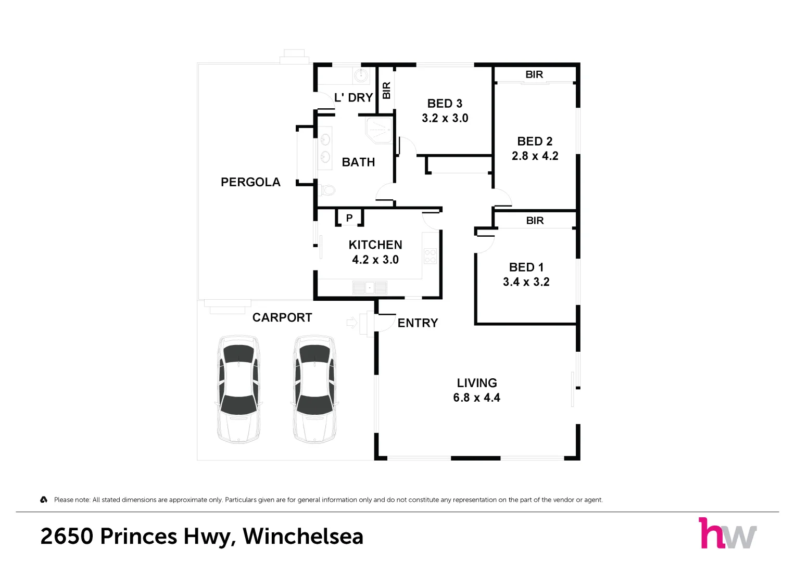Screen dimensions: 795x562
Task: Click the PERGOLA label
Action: [x=250, y=182]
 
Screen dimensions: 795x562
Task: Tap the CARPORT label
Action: [x=282, y=317]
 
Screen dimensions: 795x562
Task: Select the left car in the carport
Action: [x=238, y=389]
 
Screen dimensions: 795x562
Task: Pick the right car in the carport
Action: [x=314, y=389]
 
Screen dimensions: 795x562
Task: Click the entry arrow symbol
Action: [x=352, y=323]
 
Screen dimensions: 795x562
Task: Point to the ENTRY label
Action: [x=418, y=323]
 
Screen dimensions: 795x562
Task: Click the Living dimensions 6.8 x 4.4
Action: [x=477, y=398]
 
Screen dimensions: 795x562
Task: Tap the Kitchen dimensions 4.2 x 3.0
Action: [x=375, y=260]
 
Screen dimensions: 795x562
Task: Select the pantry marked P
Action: [x=349, y=218]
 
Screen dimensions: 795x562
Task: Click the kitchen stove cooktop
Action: [x=430, y=256]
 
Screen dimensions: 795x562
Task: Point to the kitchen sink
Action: [x=370, y=287]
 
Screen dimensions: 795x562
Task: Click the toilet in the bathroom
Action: [x=326, y=190]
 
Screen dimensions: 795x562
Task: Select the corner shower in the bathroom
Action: [x=379, y=130]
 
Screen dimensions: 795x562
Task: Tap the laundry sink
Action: [x=361, y=75]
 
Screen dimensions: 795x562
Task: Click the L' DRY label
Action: [x=354, y=98]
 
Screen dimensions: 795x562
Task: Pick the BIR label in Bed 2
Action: [x=534, y=74]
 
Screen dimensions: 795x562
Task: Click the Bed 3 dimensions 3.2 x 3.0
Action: [x=445, y=118]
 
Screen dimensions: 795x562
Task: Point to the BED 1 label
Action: [x=526, y=267]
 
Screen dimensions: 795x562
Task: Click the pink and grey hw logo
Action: [x=727, y=532]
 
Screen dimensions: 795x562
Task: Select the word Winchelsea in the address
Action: [x=303, y=537]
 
